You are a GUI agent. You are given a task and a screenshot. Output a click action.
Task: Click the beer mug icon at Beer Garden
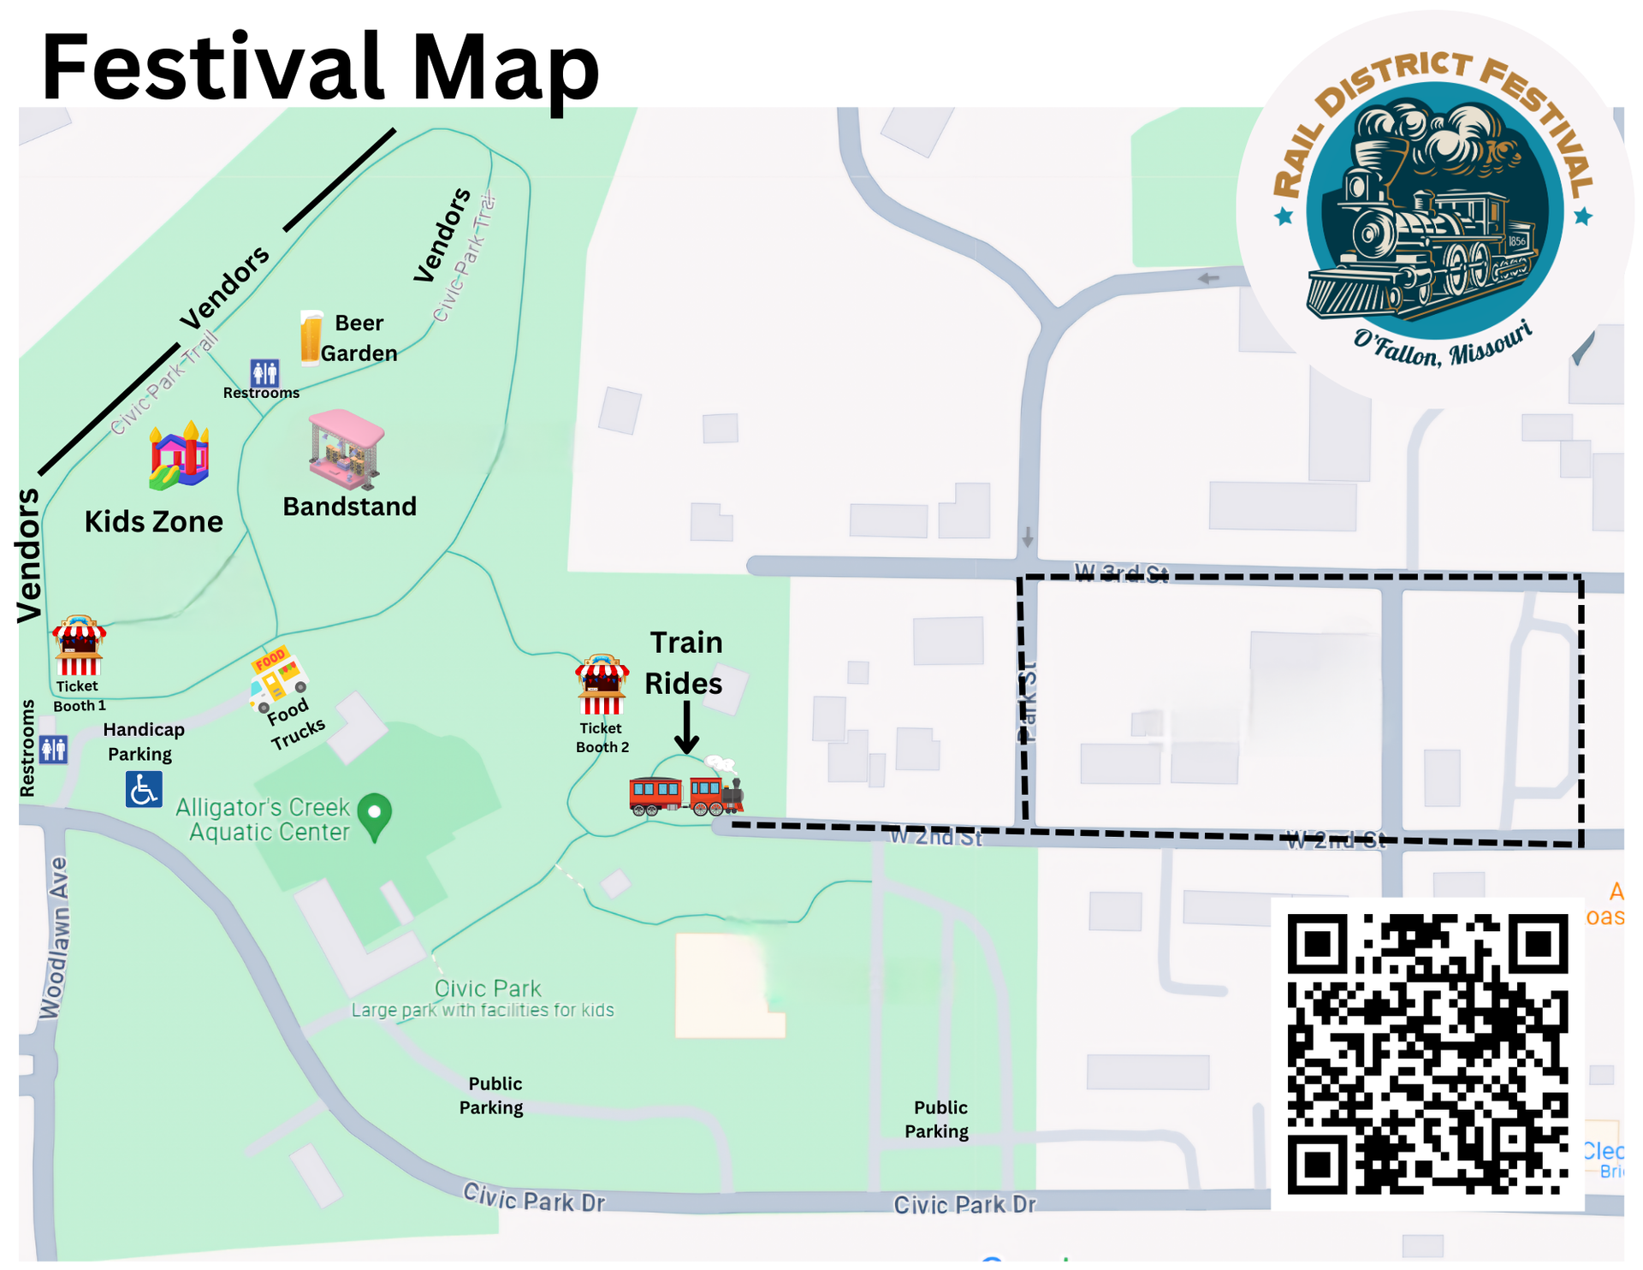coord(311,338)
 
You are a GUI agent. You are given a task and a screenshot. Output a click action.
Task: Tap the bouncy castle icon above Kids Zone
coord(179,456)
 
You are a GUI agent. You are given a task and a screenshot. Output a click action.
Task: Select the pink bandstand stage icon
coord(346,449)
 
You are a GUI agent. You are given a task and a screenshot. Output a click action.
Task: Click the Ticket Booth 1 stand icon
coord(79,646)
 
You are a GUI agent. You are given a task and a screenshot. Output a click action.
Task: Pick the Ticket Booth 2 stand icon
coord(602,685)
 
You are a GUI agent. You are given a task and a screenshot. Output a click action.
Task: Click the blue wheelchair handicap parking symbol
coord(143,789)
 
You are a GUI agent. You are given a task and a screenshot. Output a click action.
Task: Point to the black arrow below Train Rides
coord(686,727)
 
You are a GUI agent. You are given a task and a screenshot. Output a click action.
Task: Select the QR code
coord(1427,1053)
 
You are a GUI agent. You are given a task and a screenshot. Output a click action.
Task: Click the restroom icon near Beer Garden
coord(264,373)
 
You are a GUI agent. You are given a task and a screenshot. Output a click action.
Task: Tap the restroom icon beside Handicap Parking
coord(53,750)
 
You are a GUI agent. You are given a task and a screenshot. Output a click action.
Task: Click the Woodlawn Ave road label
coord(53,938)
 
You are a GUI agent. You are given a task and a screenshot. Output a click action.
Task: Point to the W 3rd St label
coord(1121,573)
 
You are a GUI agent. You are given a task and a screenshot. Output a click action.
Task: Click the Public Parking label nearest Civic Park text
coord(492,1095)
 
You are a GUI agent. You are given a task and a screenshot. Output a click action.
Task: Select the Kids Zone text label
coord(154,521)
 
